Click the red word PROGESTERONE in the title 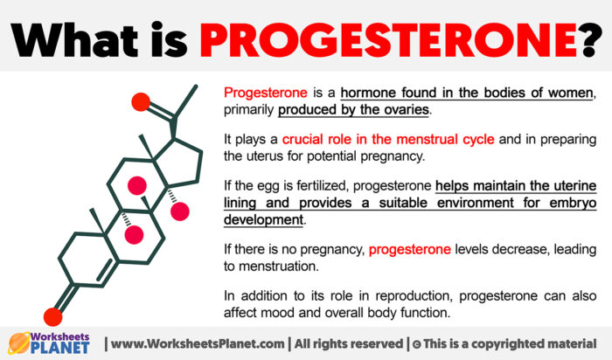click(402, 36)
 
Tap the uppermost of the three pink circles click(136, 185)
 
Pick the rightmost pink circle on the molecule click(180, 211)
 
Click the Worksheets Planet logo click(51, 342)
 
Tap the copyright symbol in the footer click(416, 342)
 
